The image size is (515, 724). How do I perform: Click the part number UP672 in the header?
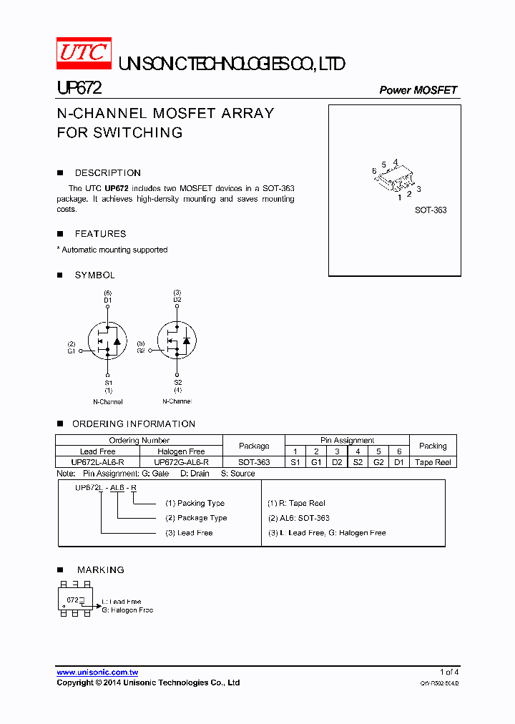point(79,88)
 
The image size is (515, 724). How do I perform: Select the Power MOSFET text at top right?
point(418,90)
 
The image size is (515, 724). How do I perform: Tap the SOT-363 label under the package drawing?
point(431,210)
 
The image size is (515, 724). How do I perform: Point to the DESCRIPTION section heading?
point(107,173)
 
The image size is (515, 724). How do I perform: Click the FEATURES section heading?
point(100,234)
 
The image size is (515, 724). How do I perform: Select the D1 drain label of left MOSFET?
point(107,300)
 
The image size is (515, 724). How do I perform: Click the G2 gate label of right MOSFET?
point(141,351)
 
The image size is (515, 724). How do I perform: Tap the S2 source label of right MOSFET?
point(177,383)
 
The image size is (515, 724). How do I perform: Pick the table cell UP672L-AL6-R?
point(97,463)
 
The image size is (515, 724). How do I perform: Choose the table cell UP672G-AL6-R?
point(181,463)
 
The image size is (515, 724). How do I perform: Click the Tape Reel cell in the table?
point(433,463)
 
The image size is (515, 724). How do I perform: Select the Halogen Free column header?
point(181,451)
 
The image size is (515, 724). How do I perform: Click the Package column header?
point(254,446)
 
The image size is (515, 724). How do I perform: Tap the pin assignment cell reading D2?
point(337,463)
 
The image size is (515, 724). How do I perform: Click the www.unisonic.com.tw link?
point(97,672)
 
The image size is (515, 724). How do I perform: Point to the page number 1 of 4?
point(449,672)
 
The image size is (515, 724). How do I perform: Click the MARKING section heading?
point(101,570)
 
